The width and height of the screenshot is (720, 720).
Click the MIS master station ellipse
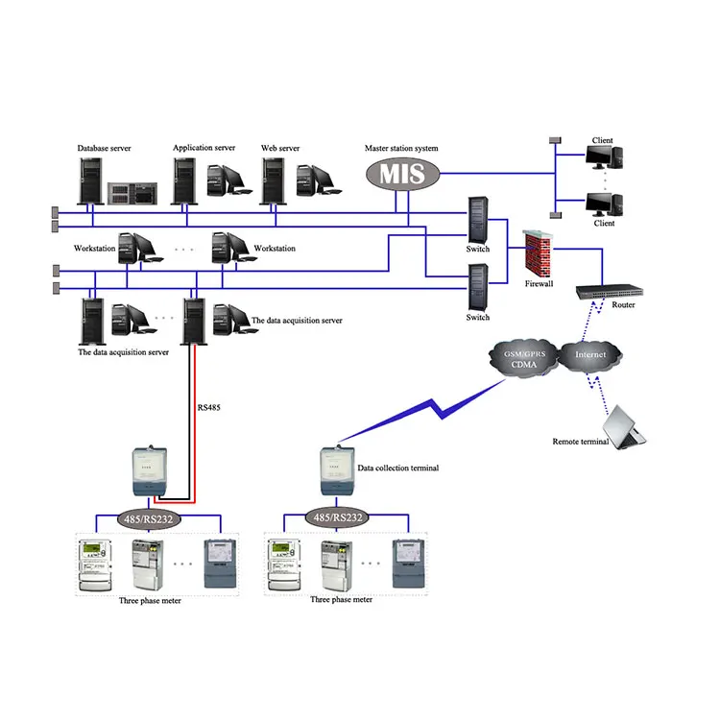click(402, 174)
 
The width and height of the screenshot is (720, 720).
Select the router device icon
click(609, 290)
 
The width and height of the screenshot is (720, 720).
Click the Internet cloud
click(590, 355)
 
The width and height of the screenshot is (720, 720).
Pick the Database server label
click(104, 149)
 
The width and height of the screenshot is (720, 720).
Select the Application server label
click(204, 148)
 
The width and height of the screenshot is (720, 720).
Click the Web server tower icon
click(274, 179)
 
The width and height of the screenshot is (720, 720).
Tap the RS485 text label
click(210, 407)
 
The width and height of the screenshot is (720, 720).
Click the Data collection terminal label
click(397, 468)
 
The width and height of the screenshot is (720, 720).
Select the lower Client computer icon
click(605, 204)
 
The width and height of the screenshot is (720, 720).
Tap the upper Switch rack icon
click(477, 220)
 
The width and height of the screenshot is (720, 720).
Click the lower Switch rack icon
click(477, 287)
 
